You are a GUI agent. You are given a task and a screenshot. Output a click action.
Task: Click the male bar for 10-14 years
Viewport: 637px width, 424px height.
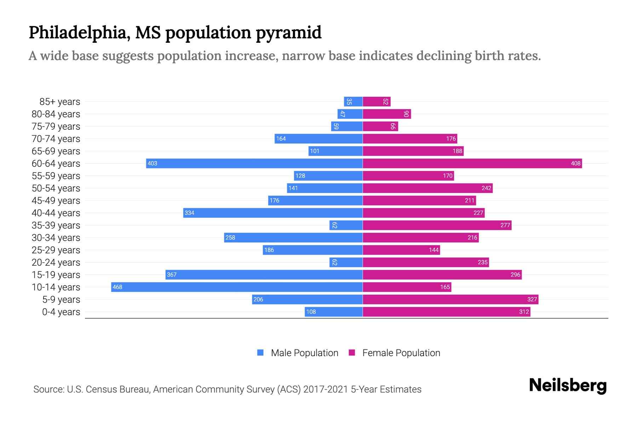pyautogui.click(x=237, y=287)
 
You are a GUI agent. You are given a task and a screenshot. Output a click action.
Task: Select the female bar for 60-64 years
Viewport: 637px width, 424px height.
pyautogui.click(x=472, y=163)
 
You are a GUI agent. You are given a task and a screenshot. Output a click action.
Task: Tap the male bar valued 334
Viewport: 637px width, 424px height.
pyautogui.click(x=273, y=213)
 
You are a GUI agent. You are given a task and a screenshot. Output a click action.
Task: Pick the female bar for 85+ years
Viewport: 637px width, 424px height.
pyautogui.click(x=377, y=101)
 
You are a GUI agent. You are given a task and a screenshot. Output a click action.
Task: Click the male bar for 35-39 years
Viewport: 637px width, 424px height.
pyautogui.click(x=346, y=225)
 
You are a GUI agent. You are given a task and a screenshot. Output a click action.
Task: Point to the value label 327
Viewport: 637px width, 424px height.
pyautogui.click(x=532, y=299)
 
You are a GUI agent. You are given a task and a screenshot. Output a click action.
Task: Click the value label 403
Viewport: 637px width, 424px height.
pyautogui.click(x=152, y=163)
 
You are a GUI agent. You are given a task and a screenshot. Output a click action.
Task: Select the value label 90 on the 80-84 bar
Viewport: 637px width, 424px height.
pyautogui.click(x=406, y=114)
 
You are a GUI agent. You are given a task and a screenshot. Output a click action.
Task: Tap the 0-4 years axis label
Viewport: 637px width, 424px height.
pyautogui.click(x=61, y=312)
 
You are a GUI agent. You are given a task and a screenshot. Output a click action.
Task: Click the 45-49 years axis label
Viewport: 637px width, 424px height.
pyautogui.click(x=56, y=200)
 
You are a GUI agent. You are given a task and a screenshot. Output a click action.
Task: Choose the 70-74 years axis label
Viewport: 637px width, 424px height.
pyautogui.click(x=56, y=139)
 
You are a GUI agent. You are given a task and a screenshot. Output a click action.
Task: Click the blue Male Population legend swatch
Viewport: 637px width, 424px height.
pyautogui.click(x=260, y=353)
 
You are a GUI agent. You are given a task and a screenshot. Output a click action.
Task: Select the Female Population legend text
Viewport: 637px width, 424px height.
pyautogui.click(x=401, y=353)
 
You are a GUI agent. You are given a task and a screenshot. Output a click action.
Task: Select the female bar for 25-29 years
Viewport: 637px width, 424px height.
pyautogui.click(x=401, y=250)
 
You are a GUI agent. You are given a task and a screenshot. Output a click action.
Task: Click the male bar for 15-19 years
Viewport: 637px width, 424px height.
pyautogui.click(x=264, y=275)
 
